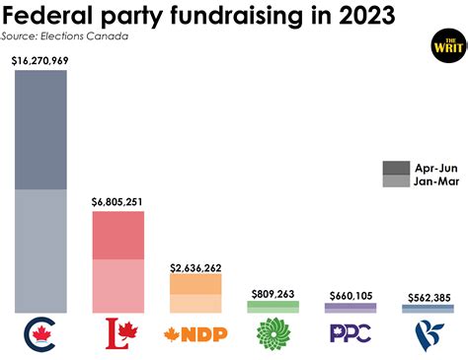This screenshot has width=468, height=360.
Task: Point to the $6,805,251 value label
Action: (117, 202)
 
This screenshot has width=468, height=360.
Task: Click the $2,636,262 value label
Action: (195, 267)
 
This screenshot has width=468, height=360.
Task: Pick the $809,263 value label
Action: (273, 293)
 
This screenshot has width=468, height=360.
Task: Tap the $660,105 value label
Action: (351, 295)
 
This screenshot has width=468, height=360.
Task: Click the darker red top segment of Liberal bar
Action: (117, 235)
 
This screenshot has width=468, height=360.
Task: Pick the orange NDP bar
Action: (195, 293)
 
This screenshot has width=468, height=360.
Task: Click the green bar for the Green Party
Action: (273, 307)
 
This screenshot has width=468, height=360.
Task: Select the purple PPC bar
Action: (351, 308)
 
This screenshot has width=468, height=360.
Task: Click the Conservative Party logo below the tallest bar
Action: (39, 334)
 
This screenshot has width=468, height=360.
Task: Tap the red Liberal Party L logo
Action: (117, 334)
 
